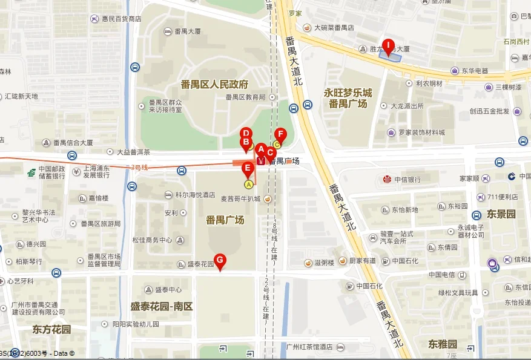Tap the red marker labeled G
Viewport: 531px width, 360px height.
[x=220, y=261]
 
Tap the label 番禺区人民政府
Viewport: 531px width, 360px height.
[x=214, y=84]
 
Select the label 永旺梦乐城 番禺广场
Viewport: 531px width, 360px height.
[x=348, y=98]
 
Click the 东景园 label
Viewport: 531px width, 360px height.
[x=501, y=214]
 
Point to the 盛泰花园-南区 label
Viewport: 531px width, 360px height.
[x=162, y=306]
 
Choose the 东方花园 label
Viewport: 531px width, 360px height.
[x=52, y=330]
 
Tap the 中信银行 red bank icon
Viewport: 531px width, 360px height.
[x=387, y=179]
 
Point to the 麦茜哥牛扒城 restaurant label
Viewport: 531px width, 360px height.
[x=240, y=199]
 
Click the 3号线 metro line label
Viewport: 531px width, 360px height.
[x=140, y=166]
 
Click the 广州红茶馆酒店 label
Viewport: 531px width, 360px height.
[x=309, y=347]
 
